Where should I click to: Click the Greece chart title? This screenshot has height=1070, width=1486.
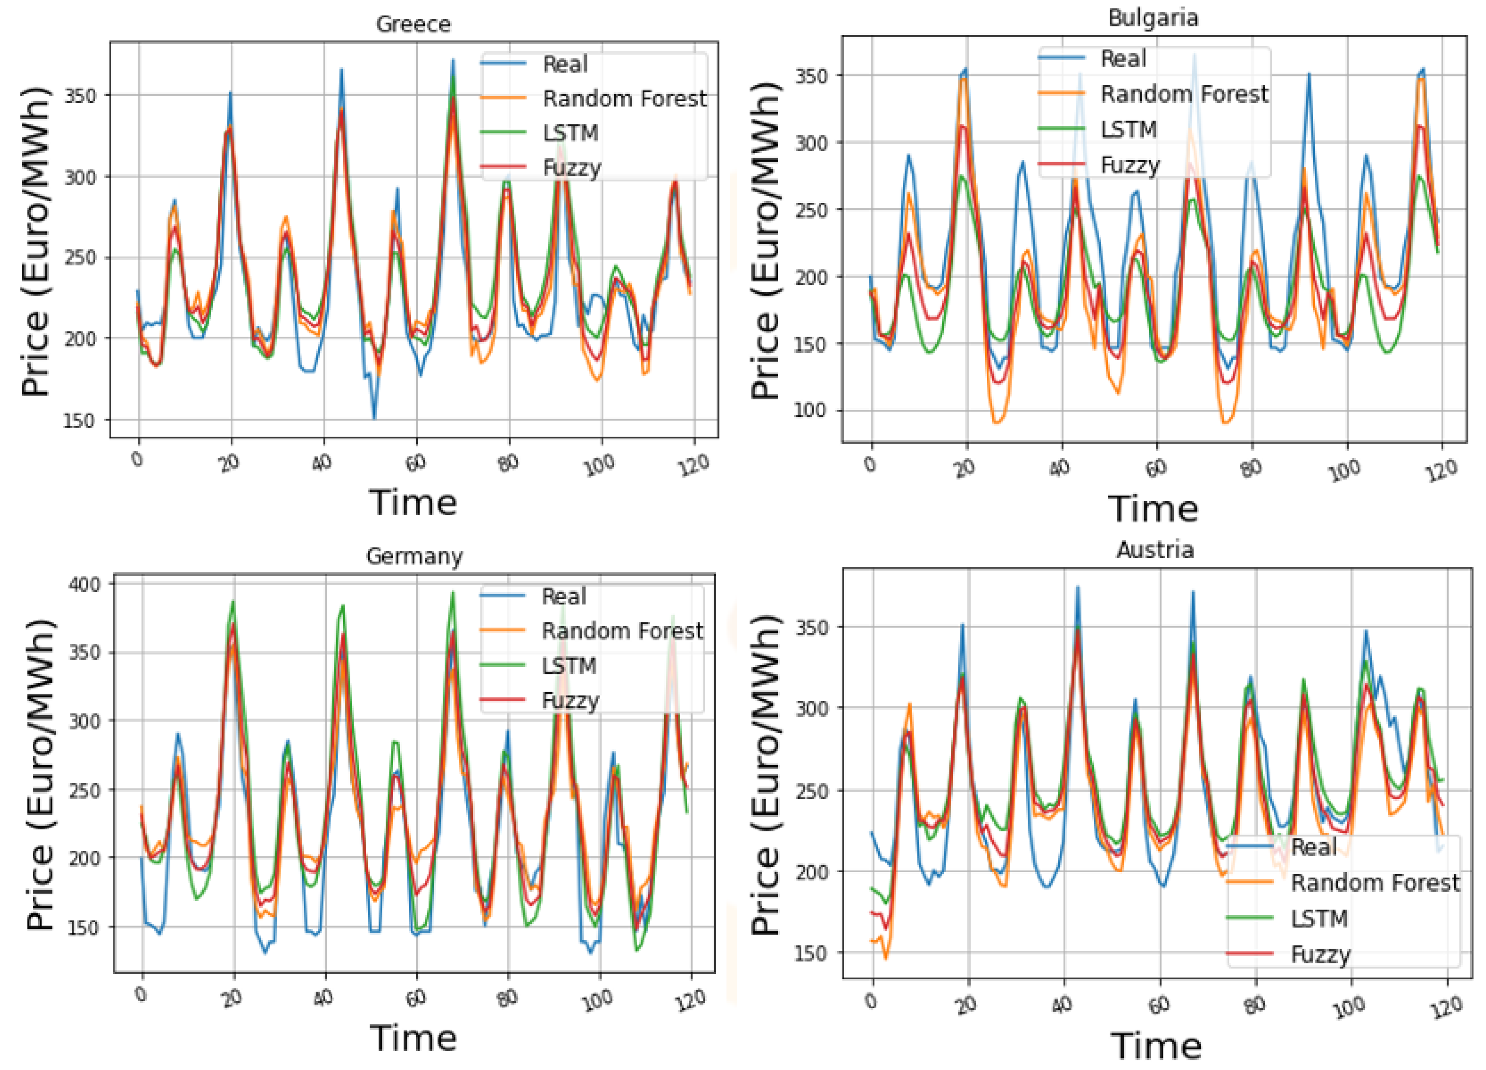[413, 24]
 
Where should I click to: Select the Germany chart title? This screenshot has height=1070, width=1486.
[414, 556]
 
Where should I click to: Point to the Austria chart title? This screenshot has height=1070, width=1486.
[1155, 549]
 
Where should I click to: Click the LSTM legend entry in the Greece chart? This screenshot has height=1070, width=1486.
[570, 133]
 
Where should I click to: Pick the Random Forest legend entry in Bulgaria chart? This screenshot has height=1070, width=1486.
[1183, 94]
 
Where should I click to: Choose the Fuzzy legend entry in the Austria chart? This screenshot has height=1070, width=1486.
[1319, 954]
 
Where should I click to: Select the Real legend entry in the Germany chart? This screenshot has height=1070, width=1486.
[563, 597]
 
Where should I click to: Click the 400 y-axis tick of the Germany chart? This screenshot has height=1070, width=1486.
[84, 584]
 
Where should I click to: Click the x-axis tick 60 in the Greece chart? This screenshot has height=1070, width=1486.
[415, 463]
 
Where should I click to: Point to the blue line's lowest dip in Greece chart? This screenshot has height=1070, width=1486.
[374, 418]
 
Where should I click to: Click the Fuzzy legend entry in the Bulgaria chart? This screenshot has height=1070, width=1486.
[1129, 165]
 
